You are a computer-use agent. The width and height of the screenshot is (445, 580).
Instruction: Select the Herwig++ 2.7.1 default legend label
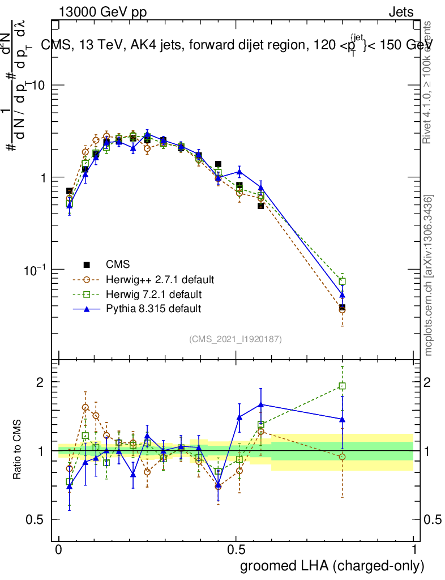pos(160,279)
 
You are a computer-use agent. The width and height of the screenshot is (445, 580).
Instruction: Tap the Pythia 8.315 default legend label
pos(153,309)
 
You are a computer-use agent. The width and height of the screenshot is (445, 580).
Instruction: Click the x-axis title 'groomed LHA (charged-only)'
pos(333,565)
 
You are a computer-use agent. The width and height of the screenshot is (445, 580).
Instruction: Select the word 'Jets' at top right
pos(401,12)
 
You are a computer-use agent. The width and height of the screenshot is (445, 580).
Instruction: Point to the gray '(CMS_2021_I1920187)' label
pos(236,339)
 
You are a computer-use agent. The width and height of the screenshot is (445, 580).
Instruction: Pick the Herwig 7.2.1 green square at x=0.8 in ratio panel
pos(342,386)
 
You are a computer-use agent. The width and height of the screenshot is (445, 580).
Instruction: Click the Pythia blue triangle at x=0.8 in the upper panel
pos(342,296)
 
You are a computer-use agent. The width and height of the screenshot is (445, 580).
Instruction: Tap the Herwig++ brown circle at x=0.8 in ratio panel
pos(342,457)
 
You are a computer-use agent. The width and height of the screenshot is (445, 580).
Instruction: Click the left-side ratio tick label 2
pos(40,382)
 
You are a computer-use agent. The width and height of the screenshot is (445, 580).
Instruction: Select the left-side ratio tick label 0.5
pos(36,519)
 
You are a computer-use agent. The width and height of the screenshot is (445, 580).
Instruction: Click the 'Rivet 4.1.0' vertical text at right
pos(429,82)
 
